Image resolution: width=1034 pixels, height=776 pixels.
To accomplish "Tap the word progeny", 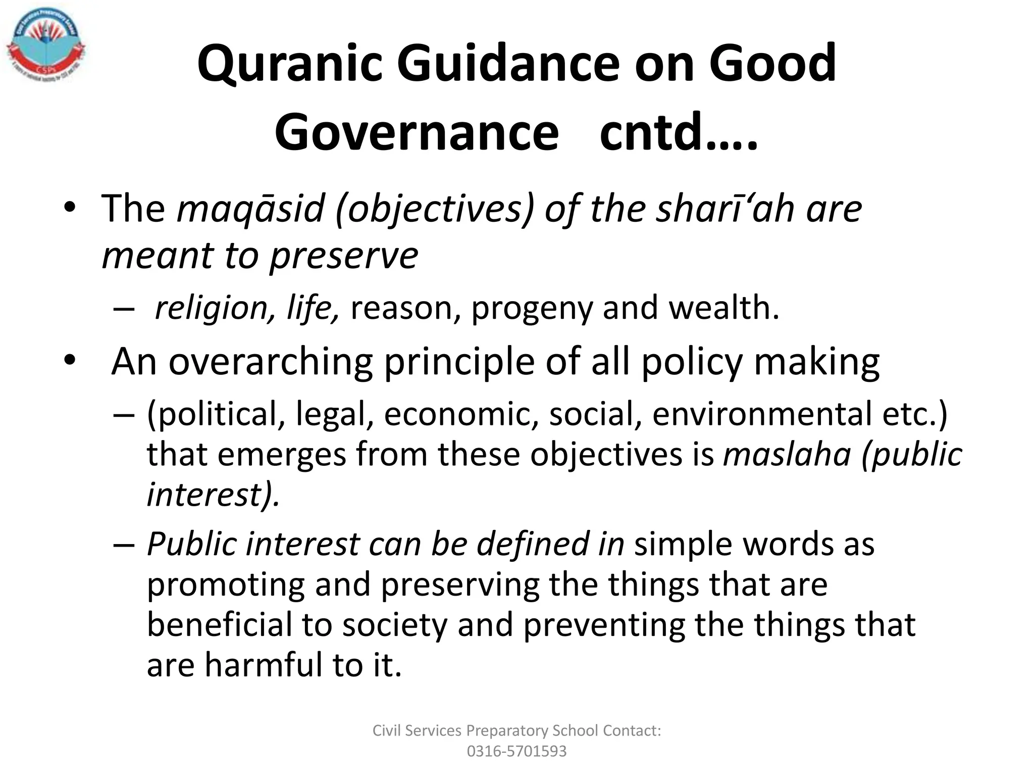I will (531, 308).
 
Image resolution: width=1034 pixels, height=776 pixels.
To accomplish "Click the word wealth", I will (724, 308).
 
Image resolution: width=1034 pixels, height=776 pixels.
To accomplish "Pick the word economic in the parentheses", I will (461, 414).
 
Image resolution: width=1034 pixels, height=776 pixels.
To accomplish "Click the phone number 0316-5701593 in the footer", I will (516, 751).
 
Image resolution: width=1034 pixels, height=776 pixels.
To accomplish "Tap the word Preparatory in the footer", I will (507, 731).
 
